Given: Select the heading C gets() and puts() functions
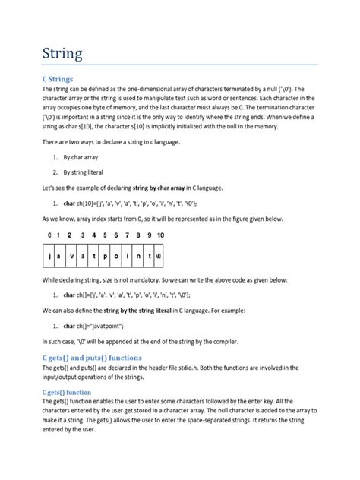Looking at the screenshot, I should click(101, 356).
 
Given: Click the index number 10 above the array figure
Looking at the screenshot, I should click(159, 235).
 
